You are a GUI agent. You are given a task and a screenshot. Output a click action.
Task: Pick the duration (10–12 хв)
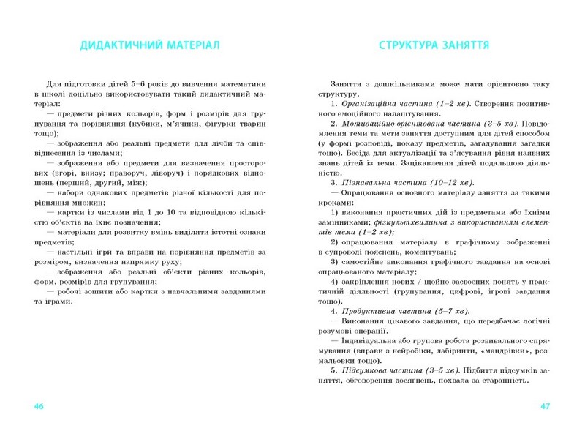(x=451, y=181)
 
